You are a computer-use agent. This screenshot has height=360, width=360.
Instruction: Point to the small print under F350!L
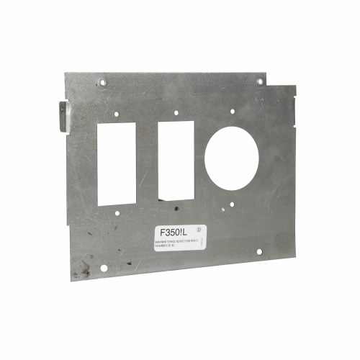179,246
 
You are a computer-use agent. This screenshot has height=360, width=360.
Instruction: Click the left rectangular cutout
117,163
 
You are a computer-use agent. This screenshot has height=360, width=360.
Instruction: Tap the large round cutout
231,158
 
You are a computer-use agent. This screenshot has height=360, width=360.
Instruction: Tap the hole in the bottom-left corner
104,269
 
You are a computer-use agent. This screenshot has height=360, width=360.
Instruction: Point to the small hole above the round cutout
232,111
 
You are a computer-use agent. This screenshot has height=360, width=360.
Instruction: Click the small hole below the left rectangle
119,212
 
